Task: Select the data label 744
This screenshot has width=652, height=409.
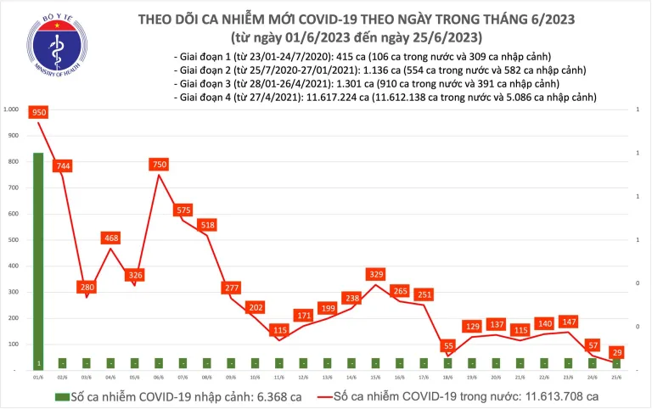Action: [62, 167]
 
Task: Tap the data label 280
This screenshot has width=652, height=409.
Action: [86, 287]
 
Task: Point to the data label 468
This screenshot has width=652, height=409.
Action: [111, 239]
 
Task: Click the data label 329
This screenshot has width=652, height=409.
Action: [374, 274]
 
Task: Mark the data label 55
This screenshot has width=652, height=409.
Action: [447, 346]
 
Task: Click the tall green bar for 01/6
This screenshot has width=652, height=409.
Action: [38, 255]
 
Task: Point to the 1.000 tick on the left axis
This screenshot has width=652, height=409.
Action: [12, 109]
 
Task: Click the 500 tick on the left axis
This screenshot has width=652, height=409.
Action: [14, 240]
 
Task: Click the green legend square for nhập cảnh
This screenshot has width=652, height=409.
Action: [62, 396]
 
